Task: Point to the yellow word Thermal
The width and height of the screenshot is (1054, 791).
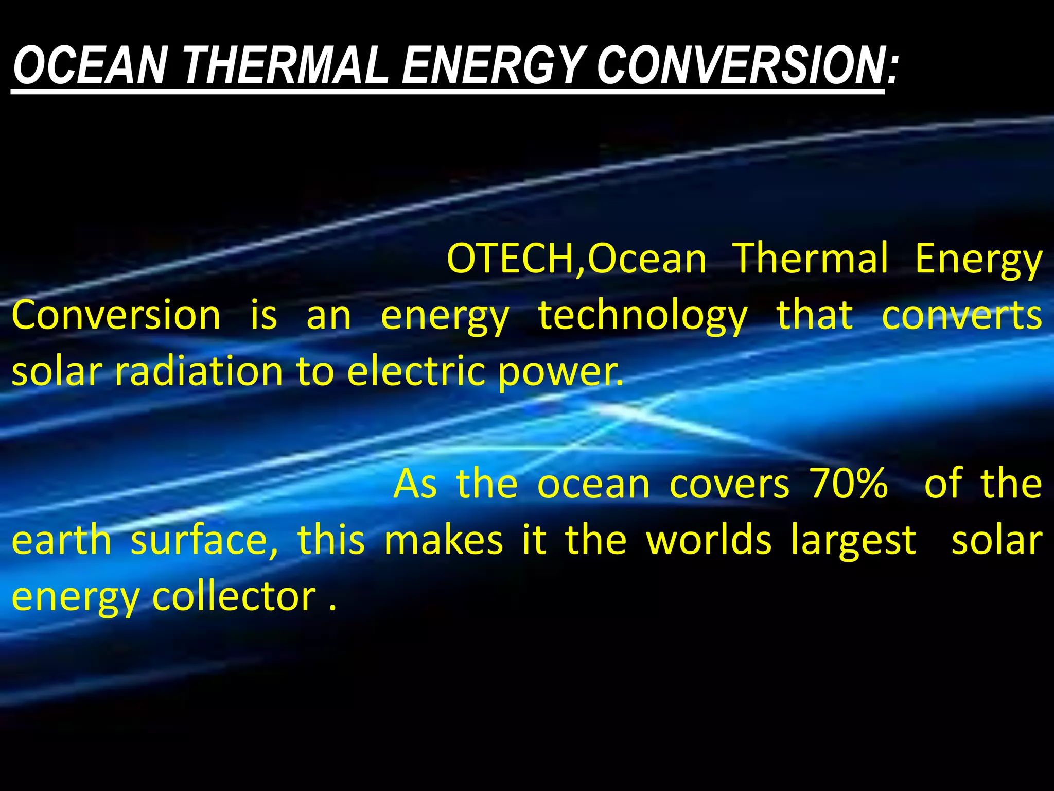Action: (x=811, y=259)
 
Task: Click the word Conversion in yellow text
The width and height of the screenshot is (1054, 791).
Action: (x=116, y=315)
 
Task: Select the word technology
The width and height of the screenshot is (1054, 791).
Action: (x=643, y=315)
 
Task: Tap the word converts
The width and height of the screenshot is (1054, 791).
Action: (x=962, y=315)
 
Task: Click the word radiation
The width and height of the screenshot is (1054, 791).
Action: (x=199, y=371)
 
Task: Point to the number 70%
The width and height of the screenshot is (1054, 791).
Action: (x=849, y=484)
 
